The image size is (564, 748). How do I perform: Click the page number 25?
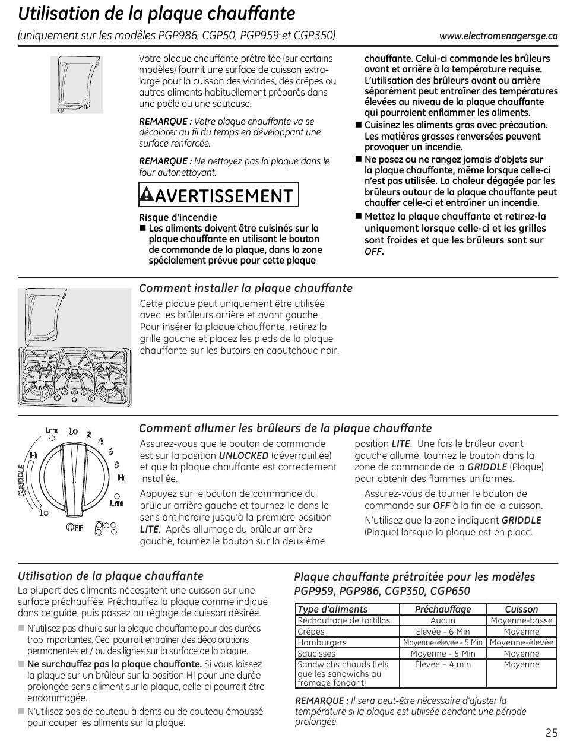coord(550,732)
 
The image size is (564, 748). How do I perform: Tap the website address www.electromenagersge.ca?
coord(498,36)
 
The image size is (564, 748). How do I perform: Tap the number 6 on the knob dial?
coord(110,451)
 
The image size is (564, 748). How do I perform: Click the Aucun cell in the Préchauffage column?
coord(443,620)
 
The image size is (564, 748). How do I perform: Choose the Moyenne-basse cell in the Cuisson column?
coord(521,620)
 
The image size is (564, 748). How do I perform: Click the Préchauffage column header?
coord(443,609)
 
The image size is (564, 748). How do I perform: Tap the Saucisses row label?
coord(316,654)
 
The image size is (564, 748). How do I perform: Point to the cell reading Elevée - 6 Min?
coord(443,632)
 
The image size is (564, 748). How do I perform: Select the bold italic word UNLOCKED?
coord(243,455)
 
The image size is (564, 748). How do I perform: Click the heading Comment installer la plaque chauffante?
coord(245,289)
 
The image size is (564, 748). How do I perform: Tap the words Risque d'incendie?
coord(178,217)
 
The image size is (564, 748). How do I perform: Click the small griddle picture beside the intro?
coord(77,84)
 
